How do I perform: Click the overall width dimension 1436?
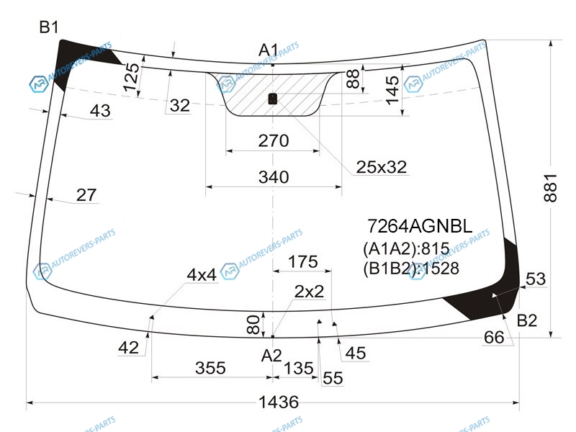click(x=279, y=402)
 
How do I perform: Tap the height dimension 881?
click(x=550, y=188)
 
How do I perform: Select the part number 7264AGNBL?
click(x=420, y=226)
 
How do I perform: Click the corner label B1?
click(x=49, y=27)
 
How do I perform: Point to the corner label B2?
click(x=527, y=320)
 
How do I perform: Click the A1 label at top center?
click(x=269, y=50)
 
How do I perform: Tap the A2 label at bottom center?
click(x=271, y=356)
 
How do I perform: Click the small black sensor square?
click(x=273, y=99)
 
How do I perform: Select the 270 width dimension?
click(x=274, y=140)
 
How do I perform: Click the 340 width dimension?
click(x=274, y=177)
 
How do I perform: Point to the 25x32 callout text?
click(x=382, y=167)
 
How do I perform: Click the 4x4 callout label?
click(x=202, y=275)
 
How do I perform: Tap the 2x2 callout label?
click(x=309, y=292)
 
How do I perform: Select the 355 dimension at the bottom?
click(x=210, y=368)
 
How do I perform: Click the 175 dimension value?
click(x=302, y=262)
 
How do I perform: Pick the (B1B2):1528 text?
click(x=410, y=269)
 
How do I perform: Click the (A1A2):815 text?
click(x=406, y=249)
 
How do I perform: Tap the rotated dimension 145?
click(x=392, y=90)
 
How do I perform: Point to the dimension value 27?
click(x=86, y=194)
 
